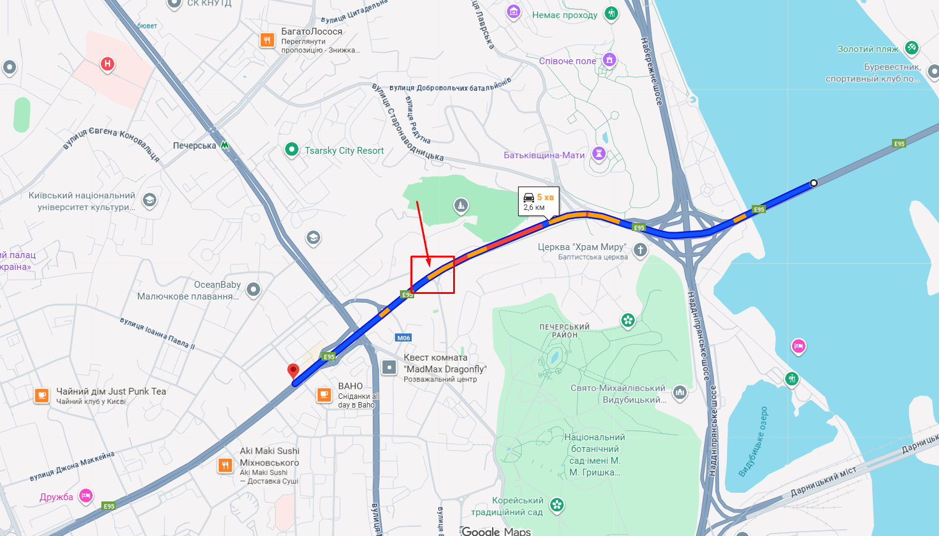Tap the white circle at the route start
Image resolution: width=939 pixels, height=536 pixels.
(814, 183)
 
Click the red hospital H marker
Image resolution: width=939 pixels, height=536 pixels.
(108, 64)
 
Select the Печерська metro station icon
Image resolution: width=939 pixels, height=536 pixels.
(225, 145)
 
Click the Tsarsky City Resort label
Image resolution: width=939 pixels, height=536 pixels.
(344, 151)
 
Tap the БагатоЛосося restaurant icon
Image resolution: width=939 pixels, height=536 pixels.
(267, 41)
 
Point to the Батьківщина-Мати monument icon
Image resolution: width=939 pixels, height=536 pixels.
(598, 154)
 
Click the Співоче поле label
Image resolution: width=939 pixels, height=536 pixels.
(567, 61)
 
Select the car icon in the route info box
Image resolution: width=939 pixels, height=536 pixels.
(529, 197)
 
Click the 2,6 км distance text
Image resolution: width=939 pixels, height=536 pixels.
(534, 207)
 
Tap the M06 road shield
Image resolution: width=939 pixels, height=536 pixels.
(404, 338)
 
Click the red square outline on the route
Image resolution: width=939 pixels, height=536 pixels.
(433, 275)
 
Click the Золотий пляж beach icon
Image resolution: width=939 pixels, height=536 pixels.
(911, 48)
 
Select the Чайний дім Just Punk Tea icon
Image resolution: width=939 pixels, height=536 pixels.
(41, 395)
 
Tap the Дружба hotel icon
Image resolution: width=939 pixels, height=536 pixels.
(85, 495)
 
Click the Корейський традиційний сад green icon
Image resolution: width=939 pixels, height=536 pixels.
(557, 505)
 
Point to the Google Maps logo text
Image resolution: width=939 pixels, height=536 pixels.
(496, 531)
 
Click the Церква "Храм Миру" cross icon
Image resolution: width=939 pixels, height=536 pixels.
(640, 249)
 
